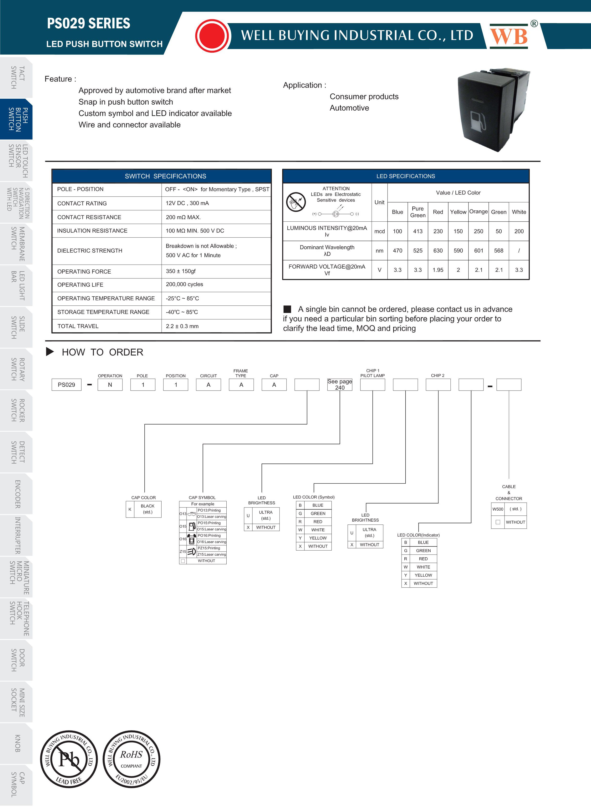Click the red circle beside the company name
[x=213, y=36]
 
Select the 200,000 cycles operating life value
[x=184, y=284]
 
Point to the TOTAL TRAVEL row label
[x=78, y=326]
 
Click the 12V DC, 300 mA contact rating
[x=187, y=203]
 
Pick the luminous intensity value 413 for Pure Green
[x=418, y=231]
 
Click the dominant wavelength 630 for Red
[x=438, y=251]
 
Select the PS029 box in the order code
[x=66, y=385]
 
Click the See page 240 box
[x=340, y=385]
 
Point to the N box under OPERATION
[x=110, y=385]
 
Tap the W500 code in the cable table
[x=498, y=509]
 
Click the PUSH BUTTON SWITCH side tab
[x=16, y=119]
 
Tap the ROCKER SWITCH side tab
[x=16, y=410]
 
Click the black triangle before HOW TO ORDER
[x=50, y=352]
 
